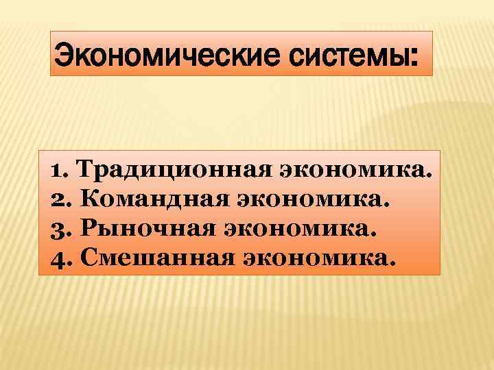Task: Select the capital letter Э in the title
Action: [x=62, y=53]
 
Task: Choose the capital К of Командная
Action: [x=90, y=199]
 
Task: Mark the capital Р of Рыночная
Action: [x=89, y=229]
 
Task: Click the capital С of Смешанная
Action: [x=89, y=258]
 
